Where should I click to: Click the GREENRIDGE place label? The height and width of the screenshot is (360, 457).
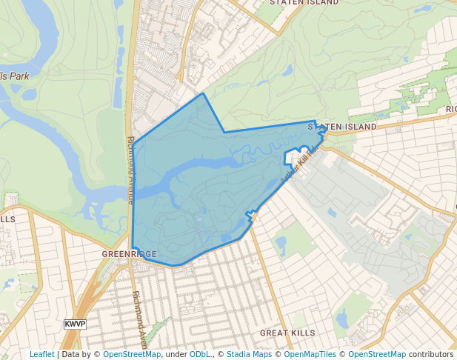point(130,253)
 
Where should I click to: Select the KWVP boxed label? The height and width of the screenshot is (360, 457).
point(75,324)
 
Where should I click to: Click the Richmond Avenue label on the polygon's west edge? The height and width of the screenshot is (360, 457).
point(130,170)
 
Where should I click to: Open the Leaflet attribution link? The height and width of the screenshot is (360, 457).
point(41,354)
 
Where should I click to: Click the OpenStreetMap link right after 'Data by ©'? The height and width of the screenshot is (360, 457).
point(132,354)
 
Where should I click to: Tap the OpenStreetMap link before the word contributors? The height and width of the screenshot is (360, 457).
point(377,354)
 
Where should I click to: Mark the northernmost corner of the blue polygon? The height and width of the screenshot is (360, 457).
point(203,94)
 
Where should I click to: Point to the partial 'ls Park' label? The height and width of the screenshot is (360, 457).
point(15,76)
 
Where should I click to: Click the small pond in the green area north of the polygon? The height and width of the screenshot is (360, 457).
point(286,71)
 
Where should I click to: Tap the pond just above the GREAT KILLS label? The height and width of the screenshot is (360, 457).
point(342,319)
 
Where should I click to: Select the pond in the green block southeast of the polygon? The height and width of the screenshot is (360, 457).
point(280,243)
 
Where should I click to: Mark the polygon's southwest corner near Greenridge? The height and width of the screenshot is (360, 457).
point(133,248)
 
